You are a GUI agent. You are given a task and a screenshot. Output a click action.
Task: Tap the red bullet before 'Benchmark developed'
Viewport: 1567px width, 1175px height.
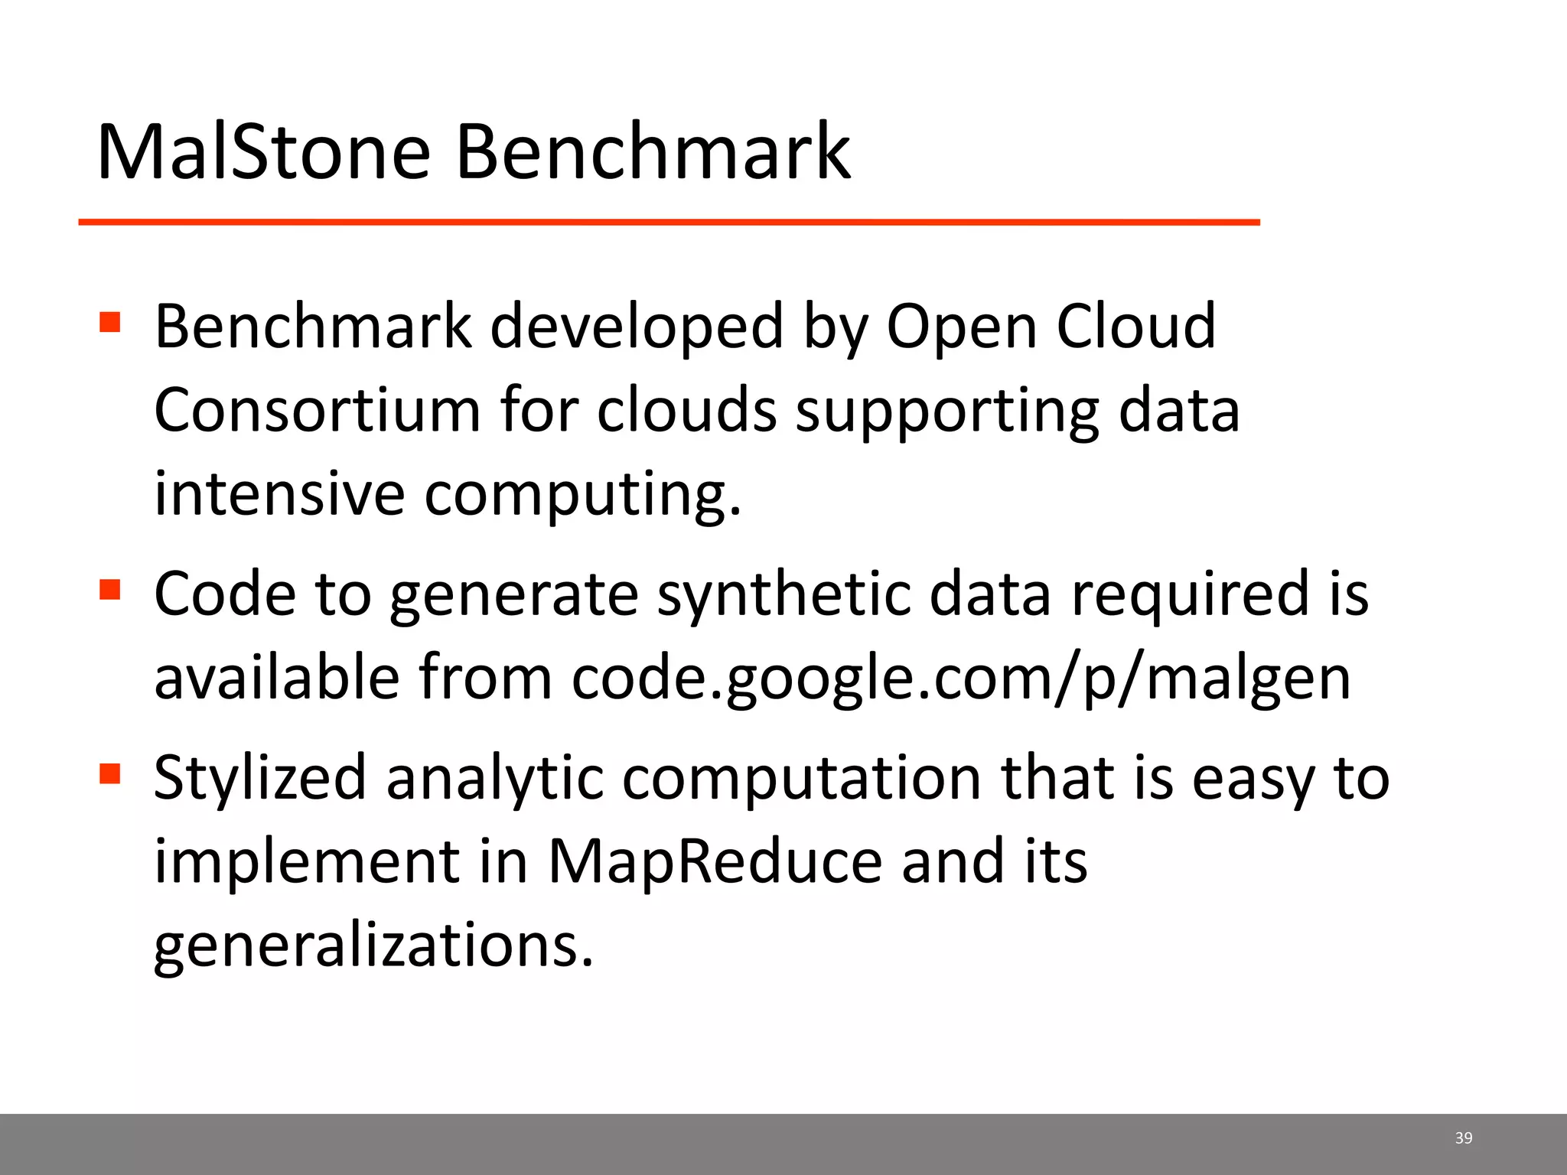(x=110, y=322)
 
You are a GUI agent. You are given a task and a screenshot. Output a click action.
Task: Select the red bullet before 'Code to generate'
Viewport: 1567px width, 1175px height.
(x=110, y=590)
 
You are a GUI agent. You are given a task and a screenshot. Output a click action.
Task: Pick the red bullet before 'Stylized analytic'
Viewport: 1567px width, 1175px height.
(x=110, y=774)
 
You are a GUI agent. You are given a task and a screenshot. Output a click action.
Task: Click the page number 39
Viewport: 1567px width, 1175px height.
(x=1463, y=1138)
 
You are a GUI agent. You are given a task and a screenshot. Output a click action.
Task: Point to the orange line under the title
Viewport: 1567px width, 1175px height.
(x=669, y=222)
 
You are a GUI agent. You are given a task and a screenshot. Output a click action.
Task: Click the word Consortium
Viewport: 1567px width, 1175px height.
(x=317, y=410)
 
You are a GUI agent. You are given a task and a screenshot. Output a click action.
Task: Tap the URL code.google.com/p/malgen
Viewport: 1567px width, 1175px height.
(x=961, y=678)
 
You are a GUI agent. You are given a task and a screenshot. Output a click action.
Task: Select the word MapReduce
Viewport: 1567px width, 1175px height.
(x=715, y=861)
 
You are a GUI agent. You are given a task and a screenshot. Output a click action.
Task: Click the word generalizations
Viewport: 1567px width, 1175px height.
(x=373, y=946)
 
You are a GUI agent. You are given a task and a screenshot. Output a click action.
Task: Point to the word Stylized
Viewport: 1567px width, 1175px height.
(x=260, y=779)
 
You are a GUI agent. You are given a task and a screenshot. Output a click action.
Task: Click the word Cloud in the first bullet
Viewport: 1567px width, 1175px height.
(x=1135, y=326)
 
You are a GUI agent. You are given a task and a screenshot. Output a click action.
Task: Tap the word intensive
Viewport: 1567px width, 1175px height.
(x=279, y=493)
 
